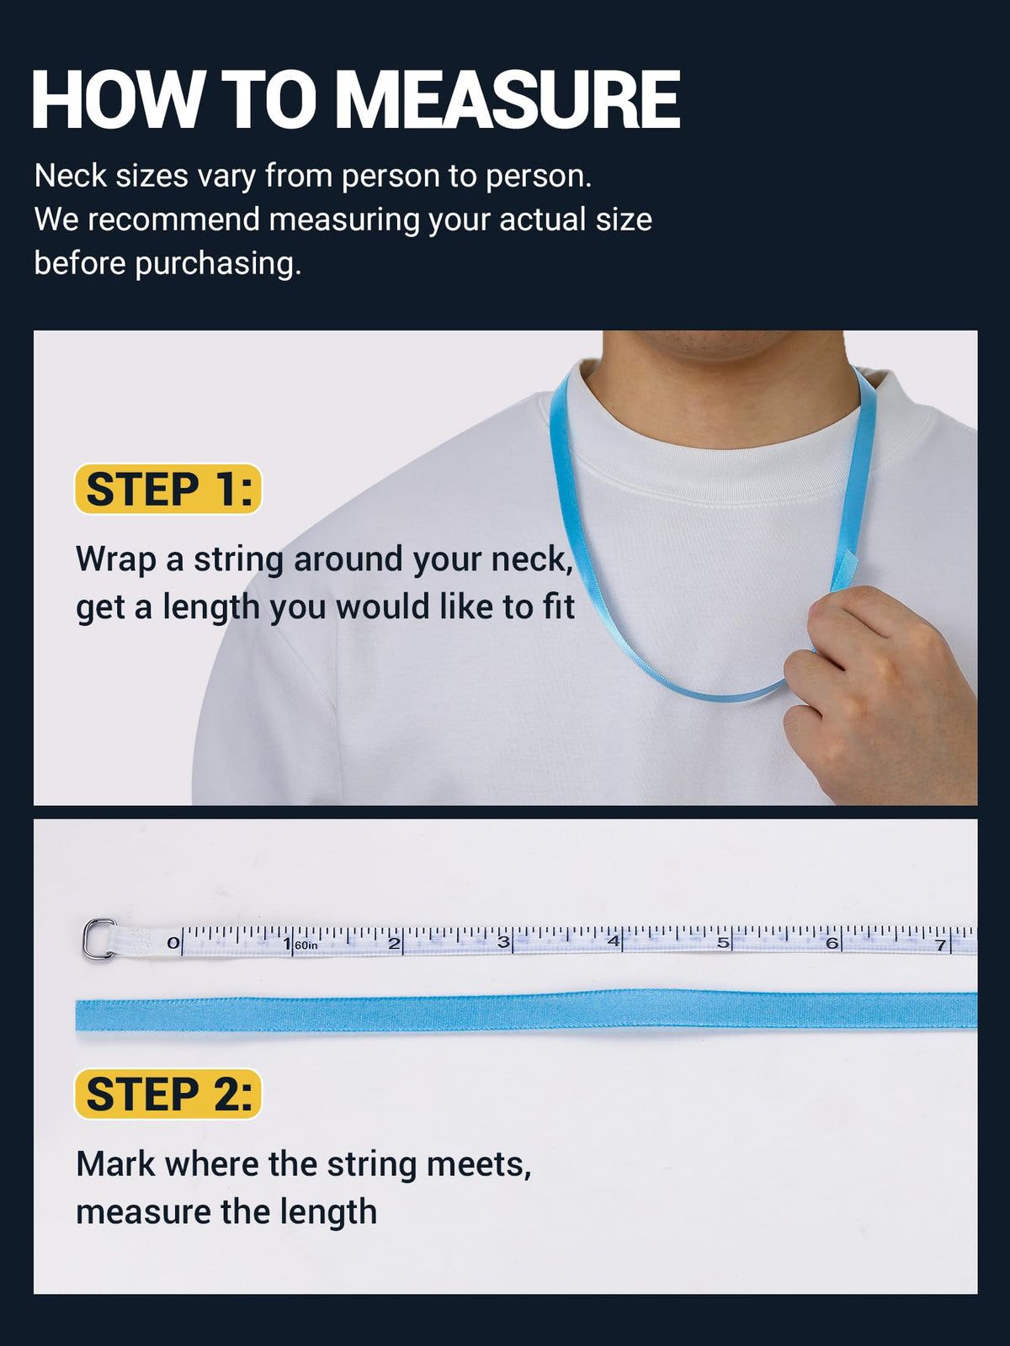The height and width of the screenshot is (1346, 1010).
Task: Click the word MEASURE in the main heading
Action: click(x=508, y=99)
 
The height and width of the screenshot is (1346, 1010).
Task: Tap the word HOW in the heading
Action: click(x=116, y=99)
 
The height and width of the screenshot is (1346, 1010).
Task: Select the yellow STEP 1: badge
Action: click(x=168, y=489)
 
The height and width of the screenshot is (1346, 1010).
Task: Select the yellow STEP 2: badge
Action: click(x=168, y=1094)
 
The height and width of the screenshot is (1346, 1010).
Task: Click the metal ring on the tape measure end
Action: click(x=98, y=938)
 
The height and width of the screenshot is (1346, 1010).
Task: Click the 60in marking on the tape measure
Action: click(x=306, y=946)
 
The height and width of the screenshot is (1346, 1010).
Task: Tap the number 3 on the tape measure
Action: click(x=502, y=942)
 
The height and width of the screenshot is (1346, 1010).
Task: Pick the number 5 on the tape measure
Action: click(x=722, y=942)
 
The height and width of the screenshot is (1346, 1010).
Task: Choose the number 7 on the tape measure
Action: click(x=940, y=945)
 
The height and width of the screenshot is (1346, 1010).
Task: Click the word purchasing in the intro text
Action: click(x=218, y=264)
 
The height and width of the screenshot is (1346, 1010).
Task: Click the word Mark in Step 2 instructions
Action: click(x=115, y=1164)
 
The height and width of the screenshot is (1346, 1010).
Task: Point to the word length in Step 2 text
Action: click(x=328, y=1214)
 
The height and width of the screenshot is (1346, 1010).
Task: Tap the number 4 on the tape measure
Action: click(x=614, y=942)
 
